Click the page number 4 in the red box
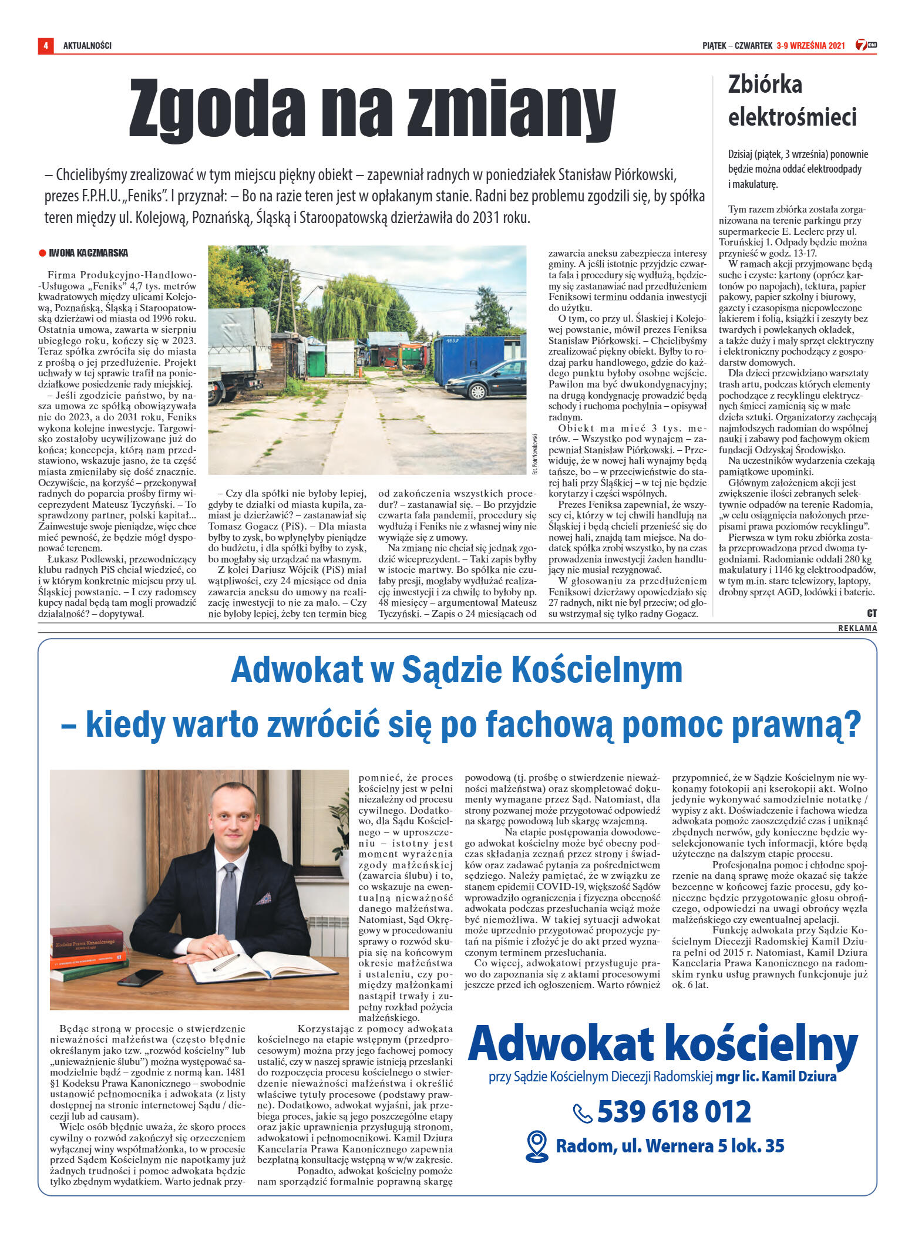pos(45,45)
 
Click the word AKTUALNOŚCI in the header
pos(88,45)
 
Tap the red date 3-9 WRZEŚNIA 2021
pos(810,45)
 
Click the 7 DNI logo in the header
pos(866,45)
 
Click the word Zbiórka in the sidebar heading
pos(765,85)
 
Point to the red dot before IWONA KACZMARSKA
pos(42,253)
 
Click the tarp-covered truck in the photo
pos(238,352)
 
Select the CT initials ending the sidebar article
pos(872,613)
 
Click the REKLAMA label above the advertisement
pos(857,628)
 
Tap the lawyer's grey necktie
pos(228,898)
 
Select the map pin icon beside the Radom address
pos(536,1146)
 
